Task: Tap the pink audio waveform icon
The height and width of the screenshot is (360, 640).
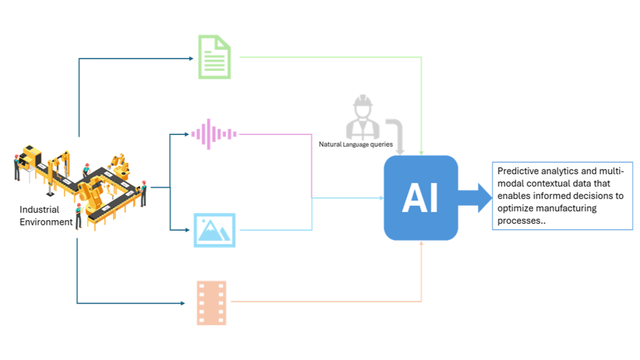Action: point(214,134)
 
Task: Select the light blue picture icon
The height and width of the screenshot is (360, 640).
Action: point(215,230)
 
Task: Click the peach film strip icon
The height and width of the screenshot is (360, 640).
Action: point(212,302)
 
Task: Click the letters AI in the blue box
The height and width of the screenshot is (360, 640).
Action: point(420,198)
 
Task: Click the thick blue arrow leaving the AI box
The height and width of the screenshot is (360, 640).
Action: point(475,197)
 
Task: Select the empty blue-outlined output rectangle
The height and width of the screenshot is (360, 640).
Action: point(562,196)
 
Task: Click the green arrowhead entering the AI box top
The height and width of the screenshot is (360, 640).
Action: point(421,152)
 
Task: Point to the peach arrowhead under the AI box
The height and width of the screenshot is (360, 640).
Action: point(421,243)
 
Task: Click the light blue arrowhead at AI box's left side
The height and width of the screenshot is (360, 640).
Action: point(381,198)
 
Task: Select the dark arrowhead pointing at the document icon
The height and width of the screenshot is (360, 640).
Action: point(191,58)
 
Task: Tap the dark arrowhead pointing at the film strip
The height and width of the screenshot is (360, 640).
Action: point(183,303)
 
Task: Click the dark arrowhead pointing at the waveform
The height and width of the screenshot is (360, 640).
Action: point(187,134)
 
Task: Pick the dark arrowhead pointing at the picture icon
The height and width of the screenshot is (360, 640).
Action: point(188,230)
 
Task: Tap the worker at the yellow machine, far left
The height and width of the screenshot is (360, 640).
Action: point(16,166)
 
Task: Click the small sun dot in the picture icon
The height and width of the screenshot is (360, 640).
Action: point(203,221)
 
